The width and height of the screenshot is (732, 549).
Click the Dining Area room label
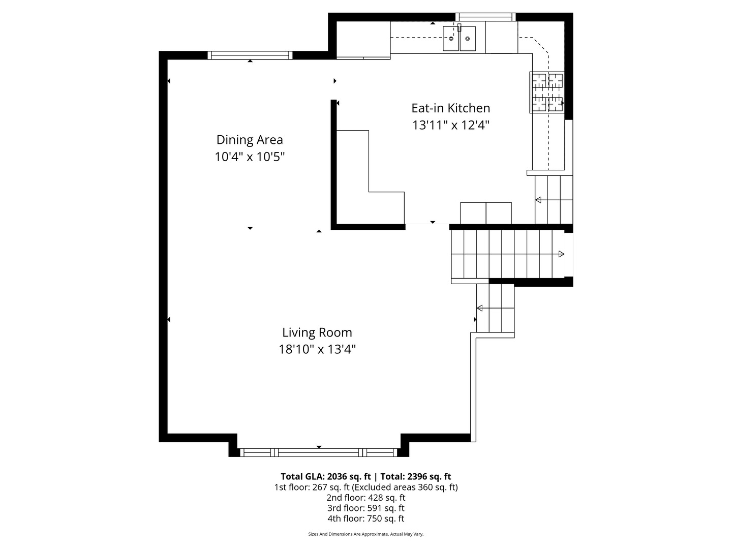250,140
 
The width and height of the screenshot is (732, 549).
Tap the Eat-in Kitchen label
450,108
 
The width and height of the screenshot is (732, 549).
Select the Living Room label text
317,332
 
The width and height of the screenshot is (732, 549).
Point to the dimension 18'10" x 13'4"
317,349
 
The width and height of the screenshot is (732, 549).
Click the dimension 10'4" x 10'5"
250,157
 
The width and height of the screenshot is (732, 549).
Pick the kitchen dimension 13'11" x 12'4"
450,125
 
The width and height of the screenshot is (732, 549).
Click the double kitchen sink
459,38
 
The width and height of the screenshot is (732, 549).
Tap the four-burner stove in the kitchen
547,92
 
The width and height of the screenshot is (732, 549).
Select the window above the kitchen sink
485,17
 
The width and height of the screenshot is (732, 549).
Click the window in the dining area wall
250,55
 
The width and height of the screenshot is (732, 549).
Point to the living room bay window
319,452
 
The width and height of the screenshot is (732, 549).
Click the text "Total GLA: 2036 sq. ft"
325,476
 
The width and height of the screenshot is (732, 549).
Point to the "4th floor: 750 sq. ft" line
365,518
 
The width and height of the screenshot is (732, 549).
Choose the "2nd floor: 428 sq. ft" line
365,498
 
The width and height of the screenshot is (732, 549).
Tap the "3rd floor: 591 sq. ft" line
365,508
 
